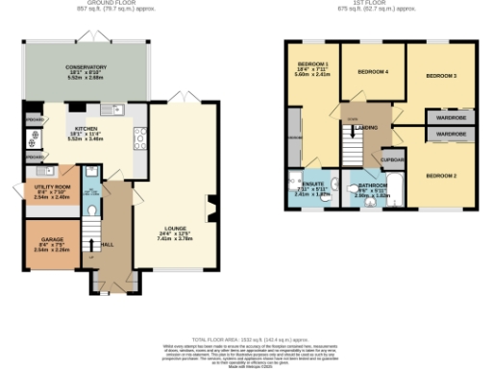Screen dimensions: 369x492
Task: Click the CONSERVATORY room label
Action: pyautogui.click(x=86, y=67)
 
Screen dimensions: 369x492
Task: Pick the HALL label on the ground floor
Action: pyautogui.click(x=108, y=244)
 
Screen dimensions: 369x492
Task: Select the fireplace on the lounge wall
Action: pyautogui.click(x=212, y=204)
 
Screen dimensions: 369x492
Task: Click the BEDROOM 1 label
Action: pyautogui.click(x=314, y=64)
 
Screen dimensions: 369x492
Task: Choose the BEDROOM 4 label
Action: pyautogui.click(x=373, y=72)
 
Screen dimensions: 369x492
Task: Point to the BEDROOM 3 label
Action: pyautogui.click(x=441, y=75)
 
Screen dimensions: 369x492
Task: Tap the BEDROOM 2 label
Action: pyautogui.click(x=441, y=175)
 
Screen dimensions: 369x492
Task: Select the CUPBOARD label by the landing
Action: pyautogui.click(x=393, y=160)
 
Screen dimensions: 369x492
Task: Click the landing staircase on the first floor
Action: pyautogui.click(x=353, y=150)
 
